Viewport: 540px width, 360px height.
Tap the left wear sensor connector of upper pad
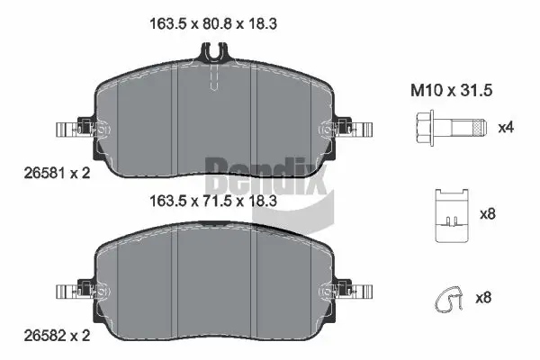72,130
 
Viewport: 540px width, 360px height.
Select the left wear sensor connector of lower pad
72,292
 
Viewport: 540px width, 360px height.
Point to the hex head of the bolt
428,127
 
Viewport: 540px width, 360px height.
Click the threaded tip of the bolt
480,127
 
